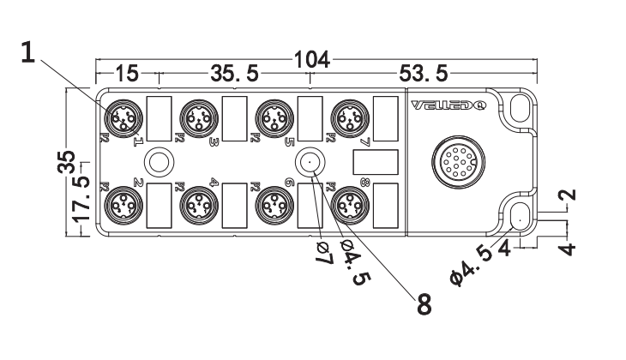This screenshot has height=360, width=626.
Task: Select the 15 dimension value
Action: [126, 74]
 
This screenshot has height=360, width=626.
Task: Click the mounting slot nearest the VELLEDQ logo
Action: [520, 106]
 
